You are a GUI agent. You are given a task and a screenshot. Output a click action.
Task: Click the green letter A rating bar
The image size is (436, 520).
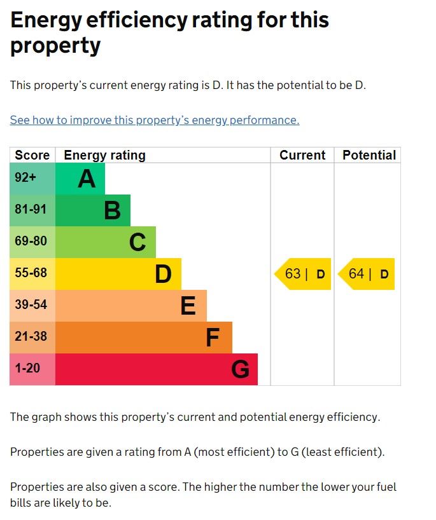click(x=80, y=179)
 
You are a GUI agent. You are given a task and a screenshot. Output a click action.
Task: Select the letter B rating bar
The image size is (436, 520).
click(x=93, y=210)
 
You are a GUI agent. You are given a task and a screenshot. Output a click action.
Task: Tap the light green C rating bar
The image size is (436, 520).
click(x=106, y=242)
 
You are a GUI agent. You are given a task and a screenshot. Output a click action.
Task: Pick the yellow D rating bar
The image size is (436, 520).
click(x=118, y=274)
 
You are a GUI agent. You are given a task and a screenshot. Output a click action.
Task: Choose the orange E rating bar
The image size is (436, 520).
click(x=131, y=306)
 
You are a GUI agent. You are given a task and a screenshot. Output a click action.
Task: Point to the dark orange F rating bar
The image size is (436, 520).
click(x=144, y=338)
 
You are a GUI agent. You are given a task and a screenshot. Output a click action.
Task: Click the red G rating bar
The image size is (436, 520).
click(x=157, y=369)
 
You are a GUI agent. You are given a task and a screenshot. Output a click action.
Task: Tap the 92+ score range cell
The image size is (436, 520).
click(x=32, y=179)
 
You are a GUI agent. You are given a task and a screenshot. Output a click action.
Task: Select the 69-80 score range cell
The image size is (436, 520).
click(x=32, y=242)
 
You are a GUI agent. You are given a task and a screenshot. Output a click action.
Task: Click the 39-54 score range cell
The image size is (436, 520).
click(x=32, y=306)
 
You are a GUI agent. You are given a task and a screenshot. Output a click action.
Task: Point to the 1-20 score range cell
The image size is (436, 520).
click(x=32, y=369)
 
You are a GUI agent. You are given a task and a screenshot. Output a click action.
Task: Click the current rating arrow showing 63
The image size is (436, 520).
click(x=304, y=274)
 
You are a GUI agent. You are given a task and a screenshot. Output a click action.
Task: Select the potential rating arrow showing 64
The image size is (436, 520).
click(x=367, y=274)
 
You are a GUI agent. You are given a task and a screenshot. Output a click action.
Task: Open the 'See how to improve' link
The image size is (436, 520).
click(x=155, y=120)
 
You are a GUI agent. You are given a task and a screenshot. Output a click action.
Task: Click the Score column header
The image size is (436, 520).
click(x=32, y=155)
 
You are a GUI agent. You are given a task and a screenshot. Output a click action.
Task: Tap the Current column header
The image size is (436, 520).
click(x=302, y=155)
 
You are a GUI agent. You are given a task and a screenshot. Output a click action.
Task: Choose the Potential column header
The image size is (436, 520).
click(x=369, y=155)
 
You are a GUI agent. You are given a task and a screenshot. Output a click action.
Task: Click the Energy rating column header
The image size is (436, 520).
click(x=105, y=155)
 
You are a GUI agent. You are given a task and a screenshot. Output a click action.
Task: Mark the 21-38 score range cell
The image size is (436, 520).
click(x=32, y=338)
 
